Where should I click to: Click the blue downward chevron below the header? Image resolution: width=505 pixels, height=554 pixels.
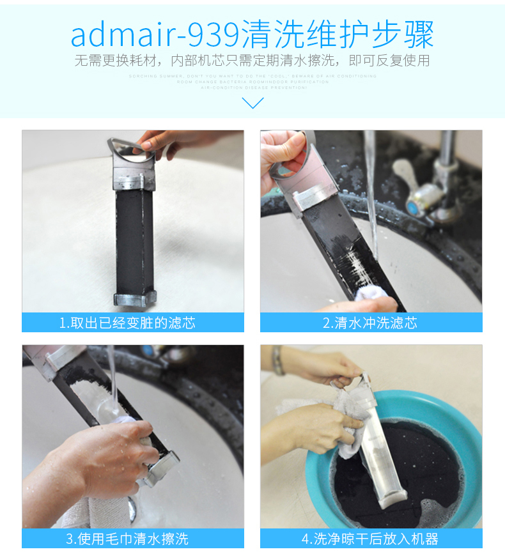253,102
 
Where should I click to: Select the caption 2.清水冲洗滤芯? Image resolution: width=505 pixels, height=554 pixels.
371,323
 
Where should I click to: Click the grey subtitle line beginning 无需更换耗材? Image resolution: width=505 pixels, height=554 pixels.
252,61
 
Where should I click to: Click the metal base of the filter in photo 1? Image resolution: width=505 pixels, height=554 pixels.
135,298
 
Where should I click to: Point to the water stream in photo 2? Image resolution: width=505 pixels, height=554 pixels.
370,192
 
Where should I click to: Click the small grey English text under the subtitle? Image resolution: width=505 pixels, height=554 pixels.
252,82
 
